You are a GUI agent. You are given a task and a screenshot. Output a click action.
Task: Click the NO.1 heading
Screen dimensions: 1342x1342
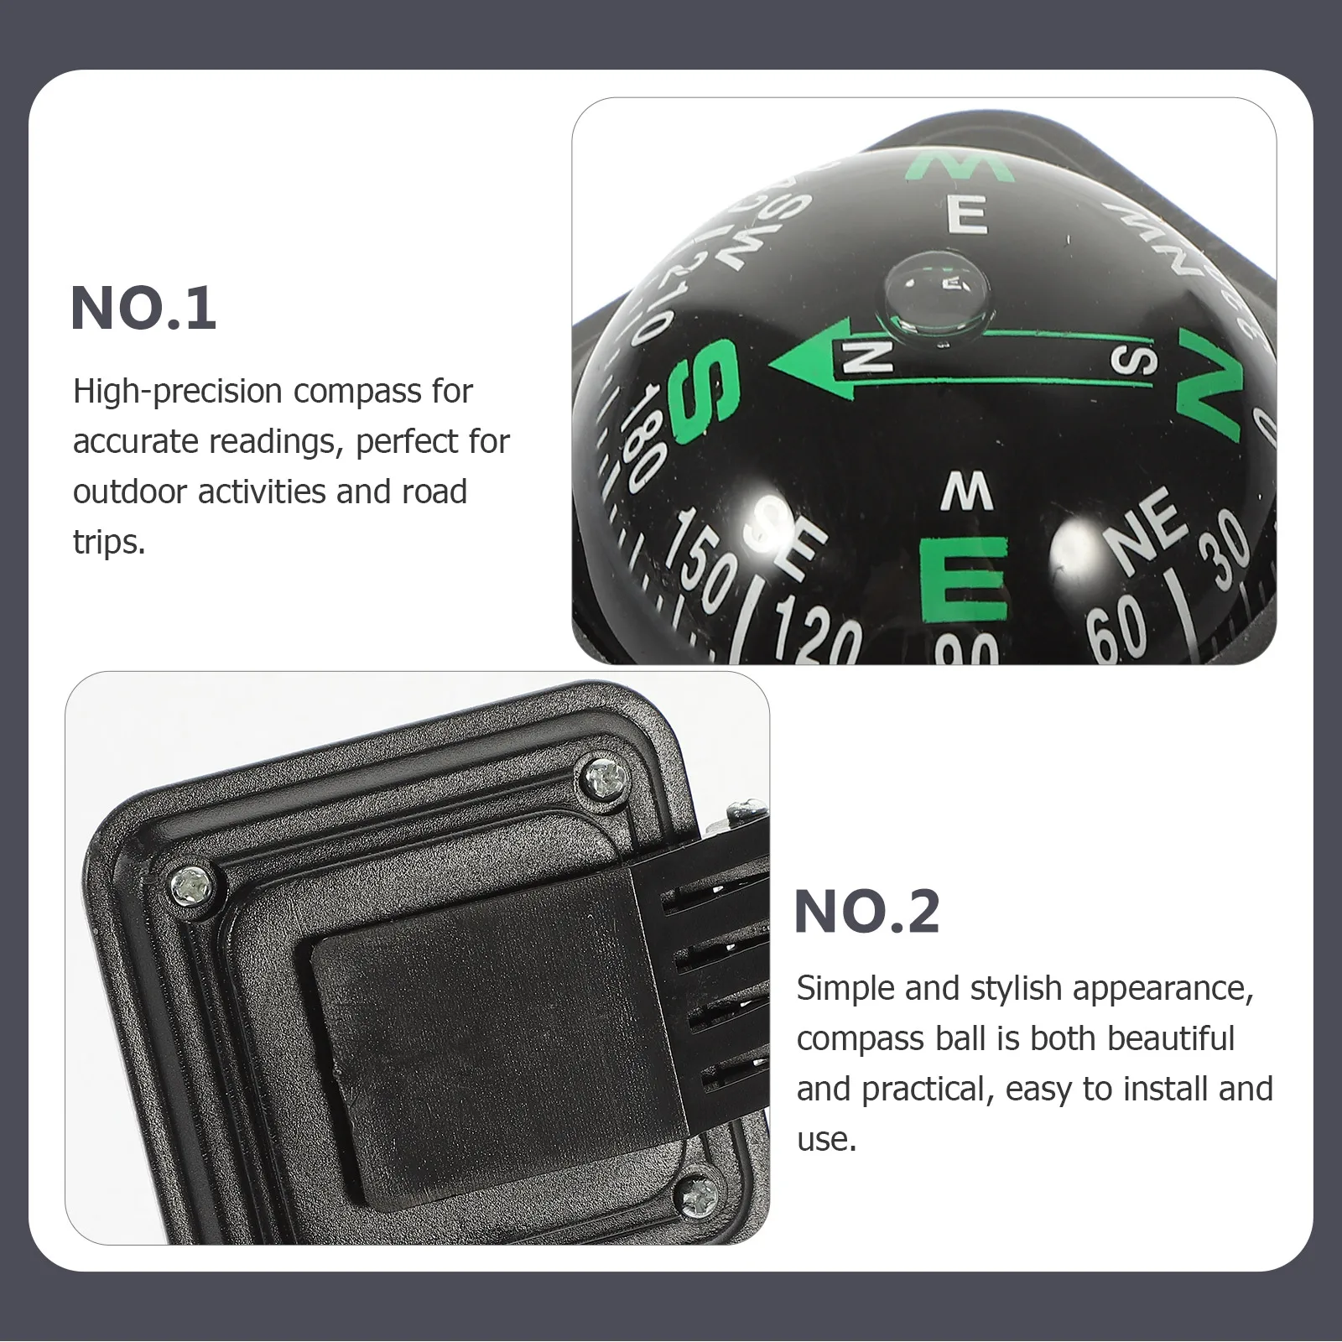(x=143, y=309)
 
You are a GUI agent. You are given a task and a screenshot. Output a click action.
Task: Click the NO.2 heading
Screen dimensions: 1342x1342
(x=866, y=912)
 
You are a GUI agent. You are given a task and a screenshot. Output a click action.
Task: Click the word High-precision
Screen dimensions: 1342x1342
(x=176, y=392)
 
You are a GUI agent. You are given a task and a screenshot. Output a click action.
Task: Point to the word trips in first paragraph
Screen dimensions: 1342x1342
(x=109, y=543)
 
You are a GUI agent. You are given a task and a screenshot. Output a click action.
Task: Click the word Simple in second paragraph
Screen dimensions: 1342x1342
(x=845, y=989)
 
